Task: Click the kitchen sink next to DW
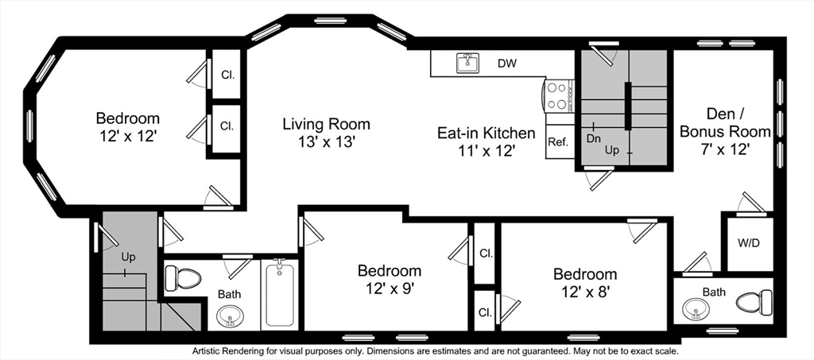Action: [467, 63]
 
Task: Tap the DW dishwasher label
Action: [506, 64]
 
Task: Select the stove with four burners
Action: [558, 96]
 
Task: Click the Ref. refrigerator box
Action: [560, 141]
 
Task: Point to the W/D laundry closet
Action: [749, 243]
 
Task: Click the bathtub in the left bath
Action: [279, 294]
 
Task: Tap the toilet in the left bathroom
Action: [183, 278]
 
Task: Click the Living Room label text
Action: [327, 125]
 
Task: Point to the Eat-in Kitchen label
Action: [486, 134]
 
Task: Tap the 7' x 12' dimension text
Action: [725, 149]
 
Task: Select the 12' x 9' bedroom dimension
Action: [390, 287]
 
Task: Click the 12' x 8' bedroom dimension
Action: [584, 291]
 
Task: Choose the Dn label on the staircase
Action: [593, 138]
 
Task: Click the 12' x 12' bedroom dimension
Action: [128, 136]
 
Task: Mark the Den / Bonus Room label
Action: [725, 122]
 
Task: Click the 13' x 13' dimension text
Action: [327, 141]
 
